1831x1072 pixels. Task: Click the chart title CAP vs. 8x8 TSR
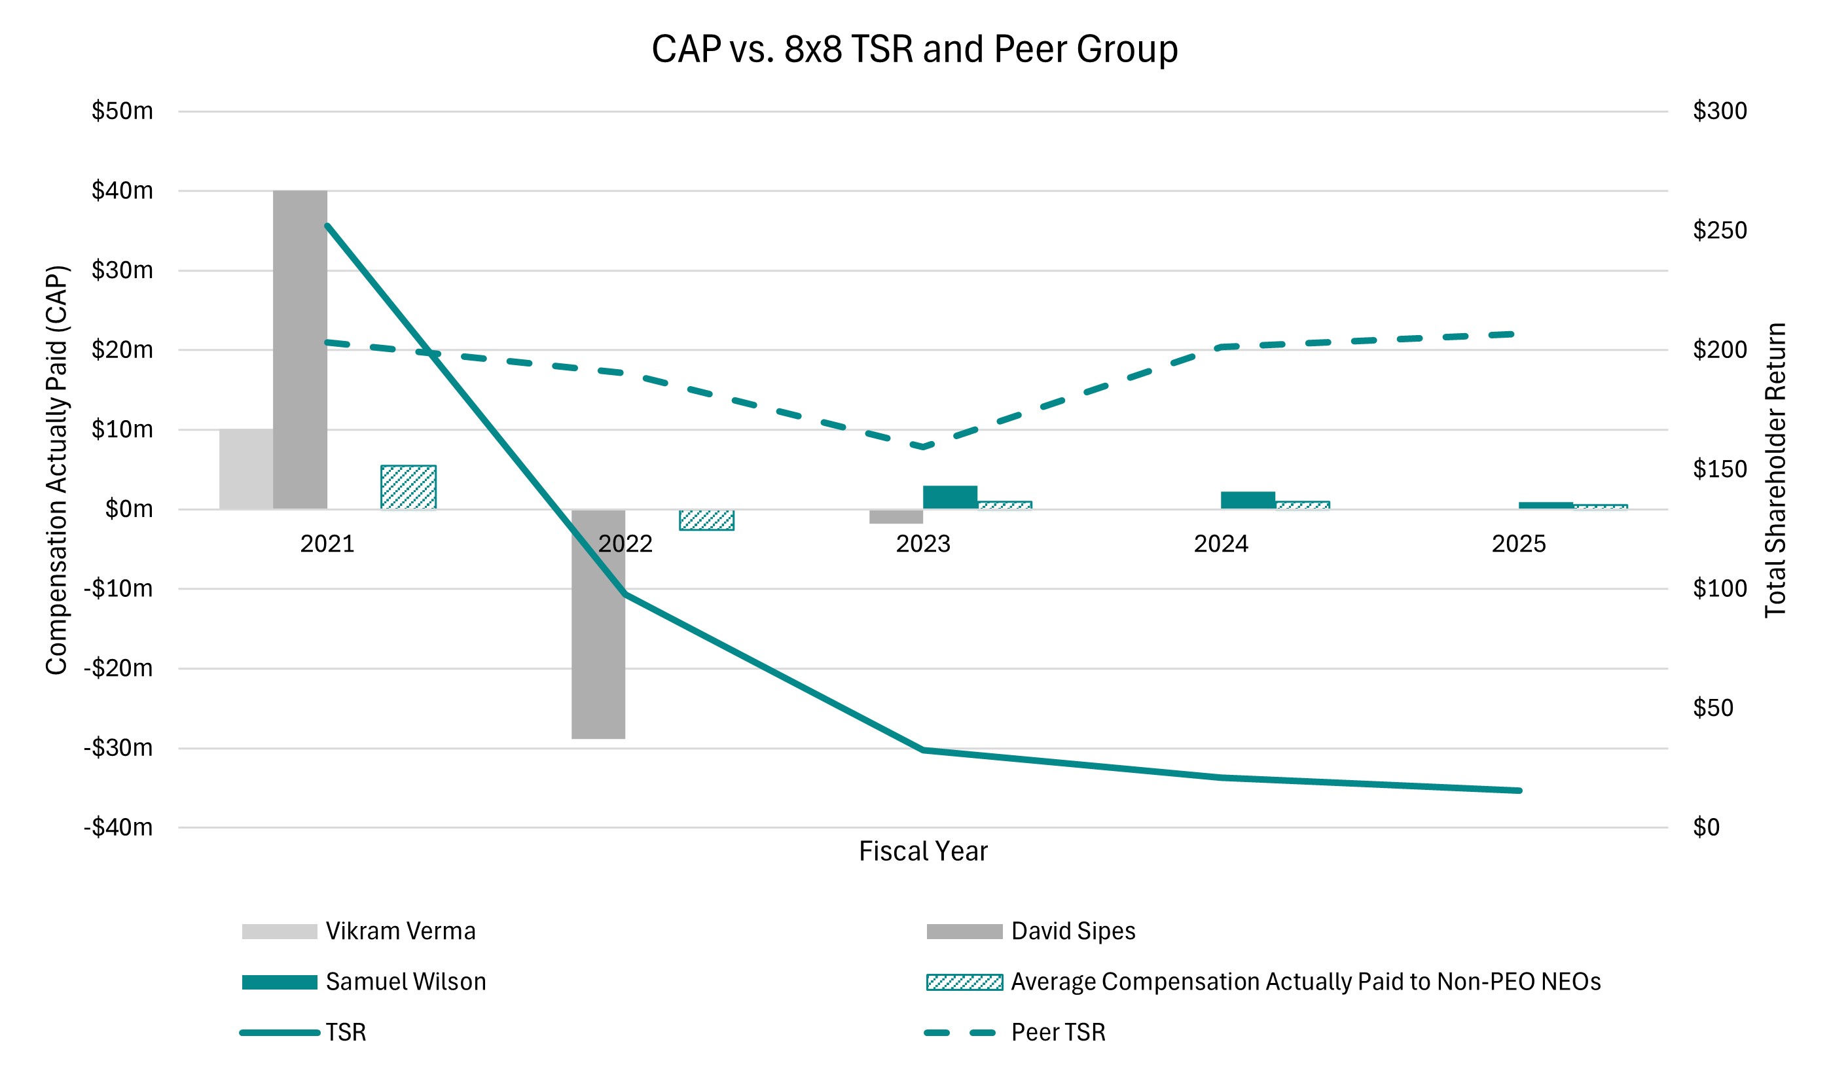pos(914,49)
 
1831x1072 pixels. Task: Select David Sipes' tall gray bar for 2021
pos(300,349)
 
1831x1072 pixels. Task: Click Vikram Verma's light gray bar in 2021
pos(246,469)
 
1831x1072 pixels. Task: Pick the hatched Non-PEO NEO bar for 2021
pos(408,487)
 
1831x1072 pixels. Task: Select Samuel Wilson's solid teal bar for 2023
pos(950,497)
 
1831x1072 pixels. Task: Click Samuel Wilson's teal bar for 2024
pos(1248,500)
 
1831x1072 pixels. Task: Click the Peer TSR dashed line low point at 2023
pos(923,446)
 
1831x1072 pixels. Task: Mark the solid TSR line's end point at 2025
pos(1519,790)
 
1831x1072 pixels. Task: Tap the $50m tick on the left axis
pos(122,111)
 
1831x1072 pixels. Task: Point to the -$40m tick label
pos(118,827)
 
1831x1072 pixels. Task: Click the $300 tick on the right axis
pos(1719,111)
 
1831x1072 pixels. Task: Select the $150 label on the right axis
pos(1719,469)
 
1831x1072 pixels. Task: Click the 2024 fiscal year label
pos(1221,543)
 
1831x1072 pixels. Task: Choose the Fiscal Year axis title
pos(923,851)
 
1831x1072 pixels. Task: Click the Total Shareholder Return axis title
pos(1775,470)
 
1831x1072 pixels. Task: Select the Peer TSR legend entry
pos(1057,1032)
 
